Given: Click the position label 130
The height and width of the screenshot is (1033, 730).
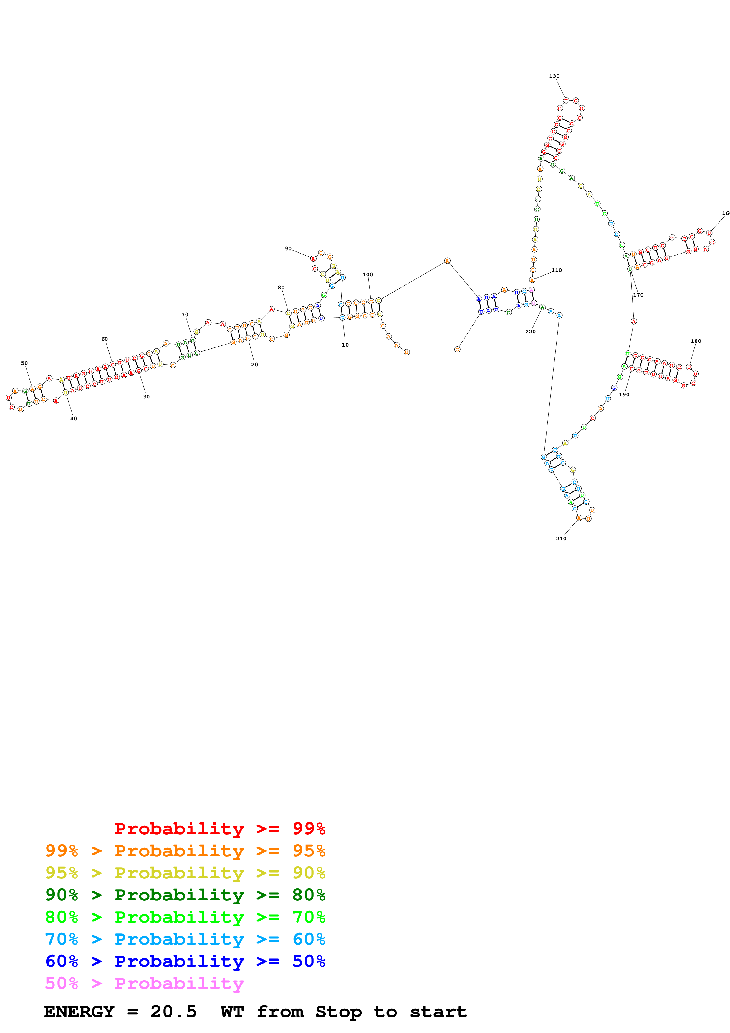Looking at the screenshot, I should [554, 76].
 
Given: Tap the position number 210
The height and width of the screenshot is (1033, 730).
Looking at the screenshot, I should [561, 539].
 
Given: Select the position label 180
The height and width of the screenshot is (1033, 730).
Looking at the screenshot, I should [696, 341].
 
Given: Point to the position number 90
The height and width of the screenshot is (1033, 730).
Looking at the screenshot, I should [288, 248].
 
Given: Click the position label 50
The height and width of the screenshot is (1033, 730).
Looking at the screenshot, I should [24, 363].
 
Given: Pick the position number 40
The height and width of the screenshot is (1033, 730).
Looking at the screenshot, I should [73, 418].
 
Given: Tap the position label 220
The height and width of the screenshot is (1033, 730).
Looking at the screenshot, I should [530, 332].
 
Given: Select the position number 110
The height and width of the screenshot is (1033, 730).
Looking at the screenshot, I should [556, 270].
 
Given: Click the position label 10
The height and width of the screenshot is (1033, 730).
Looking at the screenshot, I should [345, 345].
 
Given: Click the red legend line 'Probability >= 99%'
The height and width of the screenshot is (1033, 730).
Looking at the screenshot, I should [219, 828].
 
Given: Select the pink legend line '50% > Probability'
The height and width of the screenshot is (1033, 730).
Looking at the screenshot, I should [144, 983].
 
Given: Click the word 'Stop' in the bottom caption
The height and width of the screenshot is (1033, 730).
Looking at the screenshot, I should [338, 1012].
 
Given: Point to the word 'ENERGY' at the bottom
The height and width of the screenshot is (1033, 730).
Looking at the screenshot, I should [79, 1012].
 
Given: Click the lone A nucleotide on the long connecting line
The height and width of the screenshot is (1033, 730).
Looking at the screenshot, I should [447, 261].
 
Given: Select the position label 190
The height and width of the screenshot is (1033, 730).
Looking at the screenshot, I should [624, 395].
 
